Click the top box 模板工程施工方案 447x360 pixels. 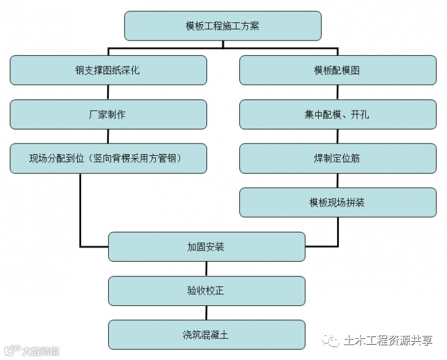coord(222,26)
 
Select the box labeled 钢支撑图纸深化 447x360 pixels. coord(108,70)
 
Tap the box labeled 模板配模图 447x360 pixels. coord(338,70)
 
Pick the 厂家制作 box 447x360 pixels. coord(108,114)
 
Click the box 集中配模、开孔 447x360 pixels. coord(338,114)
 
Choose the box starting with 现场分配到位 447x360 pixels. coord(108,158)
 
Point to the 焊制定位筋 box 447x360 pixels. coord(338,158)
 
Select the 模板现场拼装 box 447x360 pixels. coord(338,202)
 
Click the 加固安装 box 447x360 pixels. coord(206,246)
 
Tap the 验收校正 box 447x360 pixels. coord(206,291)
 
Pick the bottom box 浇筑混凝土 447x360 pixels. coord(206,335)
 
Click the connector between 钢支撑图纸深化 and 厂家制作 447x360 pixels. coord(108,92)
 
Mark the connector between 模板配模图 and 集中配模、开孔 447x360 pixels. coord(338,92)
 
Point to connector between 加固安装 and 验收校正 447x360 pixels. coord(206,269)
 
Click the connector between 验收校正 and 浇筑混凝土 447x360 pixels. coord(206,313)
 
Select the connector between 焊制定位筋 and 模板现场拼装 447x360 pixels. coord(338,181)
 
